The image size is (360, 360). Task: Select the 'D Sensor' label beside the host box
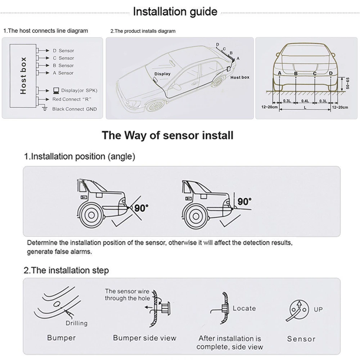[x=63, y=51]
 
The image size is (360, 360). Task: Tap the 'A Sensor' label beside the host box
[x=63, y=73]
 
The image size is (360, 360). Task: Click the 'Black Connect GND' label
[x=74, y=109]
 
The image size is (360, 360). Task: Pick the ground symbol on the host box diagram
[x=45, y=108]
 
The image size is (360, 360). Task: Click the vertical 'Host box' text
[x=23, y=76]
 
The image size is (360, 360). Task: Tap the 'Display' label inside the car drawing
[x=162, y=74]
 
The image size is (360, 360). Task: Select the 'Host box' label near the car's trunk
[x=240, y=77]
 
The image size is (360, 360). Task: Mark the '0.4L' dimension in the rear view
[x=305, y=101]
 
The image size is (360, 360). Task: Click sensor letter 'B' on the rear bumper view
[x=296, y=73]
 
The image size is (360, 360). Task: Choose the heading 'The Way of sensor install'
[x=167, y=135]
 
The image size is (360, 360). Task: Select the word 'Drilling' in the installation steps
[x=76, y=323]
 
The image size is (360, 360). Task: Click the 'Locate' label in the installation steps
[x=244, y=308]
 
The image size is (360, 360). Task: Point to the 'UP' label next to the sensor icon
[x=318, y=309]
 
